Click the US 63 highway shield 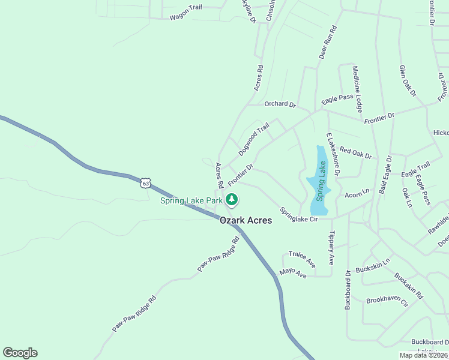[x=145, y=182]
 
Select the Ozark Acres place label [x=246, y=220]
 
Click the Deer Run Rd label [x=328, y=41]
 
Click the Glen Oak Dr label [x=408, y=81]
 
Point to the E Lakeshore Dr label [x=333, y=154]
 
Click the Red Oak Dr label [x=355, y=152]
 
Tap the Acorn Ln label [x=357, y=195]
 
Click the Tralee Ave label [x=302, y=259]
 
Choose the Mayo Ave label [x=294, y=274]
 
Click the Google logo [x=20, y=353]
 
